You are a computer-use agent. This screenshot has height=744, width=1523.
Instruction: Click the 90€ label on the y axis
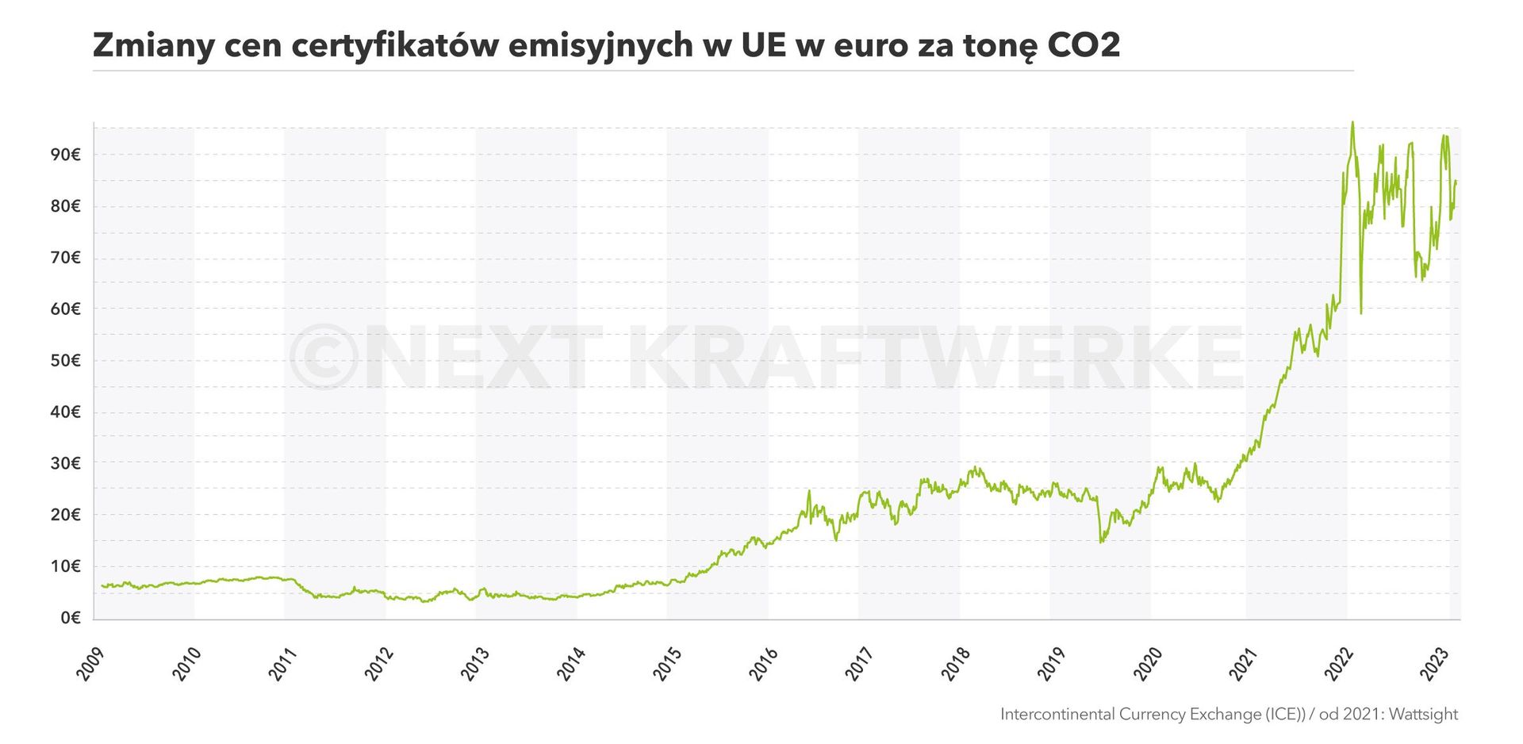66,155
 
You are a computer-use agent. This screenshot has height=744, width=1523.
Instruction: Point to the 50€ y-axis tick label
66,361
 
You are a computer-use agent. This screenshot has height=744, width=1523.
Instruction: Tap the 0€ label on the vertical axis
71,618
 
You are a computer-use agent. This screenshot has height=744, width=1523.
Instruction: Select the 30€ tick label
66,463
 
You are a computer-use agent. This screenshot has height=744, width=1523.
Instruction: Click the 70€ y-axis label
66,258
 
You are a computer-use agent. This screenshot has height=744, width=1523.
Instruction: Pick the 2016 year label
763,664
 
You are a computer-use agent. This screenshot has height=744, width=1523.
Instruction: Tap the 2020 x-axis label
1147,664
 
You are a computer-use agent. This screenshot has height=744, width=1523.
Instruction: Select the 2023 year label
1434,664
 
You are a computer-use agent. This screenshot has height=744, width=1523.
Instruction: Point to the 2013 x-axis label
476,664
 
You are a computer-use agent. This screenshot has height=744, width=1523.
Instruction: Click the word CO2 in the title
1084,45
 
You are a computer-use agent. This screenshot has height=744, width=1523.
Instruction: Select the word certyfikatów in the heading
393,45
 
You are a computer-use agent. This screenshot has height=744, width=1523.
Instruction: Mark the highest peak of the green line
1352,123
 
